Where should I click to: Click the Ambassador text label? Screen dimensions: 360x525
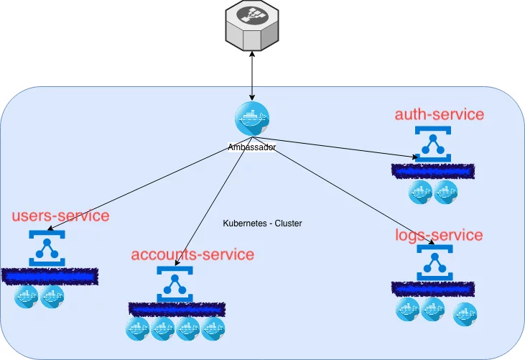[252, 147]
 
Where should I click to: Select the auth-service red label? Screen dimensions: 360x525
[440, 114]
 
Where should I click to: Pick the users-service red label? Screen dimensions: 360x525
[60, 216]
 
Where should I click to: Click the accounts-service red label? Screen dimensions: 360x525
[192, 254]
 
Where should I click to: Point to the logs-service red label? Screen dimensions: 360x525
[439, 235]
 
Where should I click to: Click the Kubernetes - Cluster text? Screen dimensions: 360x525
[263, 224]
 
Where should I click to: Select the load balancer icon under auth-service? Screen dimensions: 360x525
[432, 145]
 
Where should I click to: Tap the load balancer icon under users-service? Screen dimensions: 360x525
[47, 248]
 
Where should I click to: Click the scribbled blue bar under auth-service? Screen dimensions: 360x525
[433, 171]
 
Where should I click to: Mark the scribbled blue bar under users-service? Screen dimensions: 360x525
[50, 275]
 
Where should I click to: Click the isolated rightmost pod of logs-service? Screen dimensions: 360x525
[465, 314]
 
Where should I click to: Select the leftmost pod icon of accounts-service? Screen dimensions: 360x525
[137, 330]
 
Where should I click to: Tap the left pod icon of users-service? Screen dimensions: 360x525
[27, 296]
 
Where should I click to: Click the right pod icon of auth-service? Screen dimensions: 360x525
[445, 192]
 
